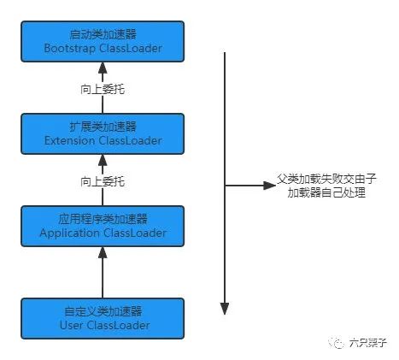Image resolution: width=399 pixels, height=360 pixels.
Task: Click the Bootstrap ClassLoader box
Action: [103, 41]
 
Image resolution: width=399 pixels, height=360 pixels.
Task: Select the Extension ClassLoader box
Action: [103, 133]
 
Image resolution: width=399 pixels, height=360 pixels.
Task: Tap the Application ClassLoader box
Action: [103, 226]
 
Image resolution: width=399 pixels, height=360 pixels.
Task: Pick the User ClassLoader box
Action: [103, 318]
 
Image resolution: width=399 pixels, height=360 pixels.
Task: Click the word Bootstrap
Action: [70, 49]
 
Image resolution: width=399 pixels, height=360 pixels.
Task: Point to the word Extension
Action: [70, 140]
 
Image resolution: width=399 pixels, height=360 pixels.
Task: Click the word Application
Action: [69, 233]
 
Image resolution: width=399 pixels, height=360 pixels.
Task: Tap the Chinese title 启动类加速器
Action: [103, 34]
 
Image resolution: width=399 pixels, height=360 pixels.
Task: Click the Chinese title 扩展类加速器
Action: [103, 127]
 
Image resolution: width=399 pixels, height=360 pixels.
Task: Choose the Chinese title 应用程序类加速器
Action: [103, 219]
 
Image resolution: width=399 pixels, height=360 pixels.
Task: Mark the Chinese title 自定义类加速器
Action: [103, 311]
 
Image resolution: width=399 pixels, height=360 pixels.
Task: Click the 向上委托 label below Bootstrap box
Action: [103, 89]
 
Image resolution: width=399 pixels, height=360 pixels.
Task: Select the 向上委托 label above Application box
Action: [103, 181]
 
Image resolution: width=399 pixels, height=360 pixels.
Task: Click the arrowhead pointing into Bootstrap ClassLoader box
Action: [103, 68]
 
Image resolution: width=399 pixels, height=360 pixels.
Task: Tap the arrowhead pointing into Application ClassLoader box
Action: [103, 253]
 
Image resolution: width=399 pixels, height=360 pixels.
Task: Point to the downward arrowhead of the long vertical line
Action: [225, 309]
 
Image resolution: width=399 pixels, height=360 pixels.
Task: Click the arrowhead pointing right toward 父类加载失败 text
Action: [270, 186]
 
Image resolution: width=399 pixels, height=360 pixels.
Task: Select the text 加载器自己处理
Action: [326, 193]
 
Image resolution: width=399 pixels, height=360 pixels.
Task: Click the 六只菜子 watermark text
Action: [367, 342]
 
